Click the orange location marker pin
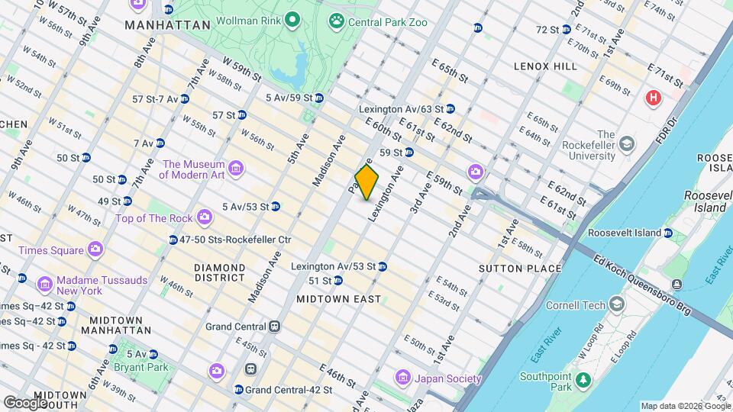[366, 183]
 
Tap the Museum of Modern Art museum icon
[236, 169]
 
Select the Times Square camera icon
[95, 249]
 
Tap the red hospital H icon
[653, 98]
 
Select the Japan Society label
[448, 378]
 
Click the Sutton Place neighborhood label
[519, 268]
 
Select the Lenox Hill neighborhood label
[545, 66]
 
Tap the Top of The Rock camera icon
[204, 219]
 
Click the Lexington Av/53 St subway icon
[383, 266]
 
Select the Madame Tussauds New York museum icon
[45, 285]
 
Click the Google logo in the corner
[26, 402]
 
